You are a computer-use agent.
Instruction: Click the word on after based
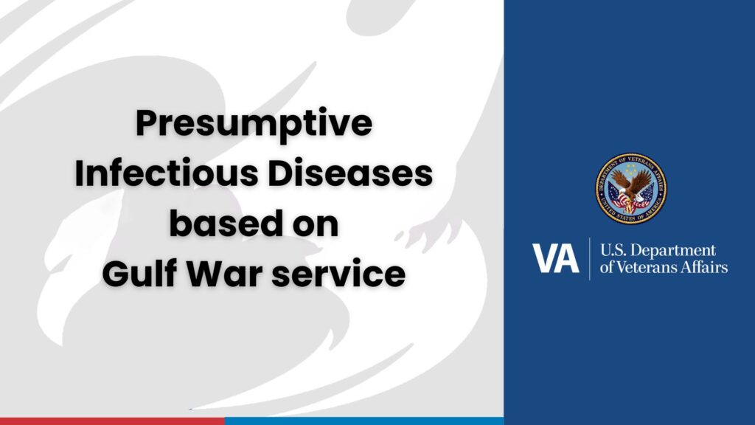click(x=316, y=224)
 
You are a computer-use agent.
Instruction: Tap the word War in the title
click(x=225, y=273)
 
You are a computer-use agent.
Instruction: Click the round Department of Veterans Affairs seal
click(x=630, y=188)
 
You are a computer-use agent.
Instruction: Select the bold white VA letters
click(x=555, y=259)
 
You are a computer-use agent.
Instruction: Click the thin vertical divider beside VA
click(x=590, y=259)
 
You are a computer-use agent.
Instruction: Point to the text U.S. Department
click(x=658, y=251)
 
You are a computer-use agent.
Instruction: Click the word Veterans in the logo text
click(x=648, y=267)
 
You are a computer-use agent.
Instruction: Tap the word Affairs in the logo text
click(x=706, y=267)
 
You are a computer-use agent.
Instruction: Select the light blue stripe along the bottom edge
click(x=364, y=421)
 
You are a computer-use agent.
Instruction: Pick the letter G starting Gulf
click(x=114, y=273)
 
